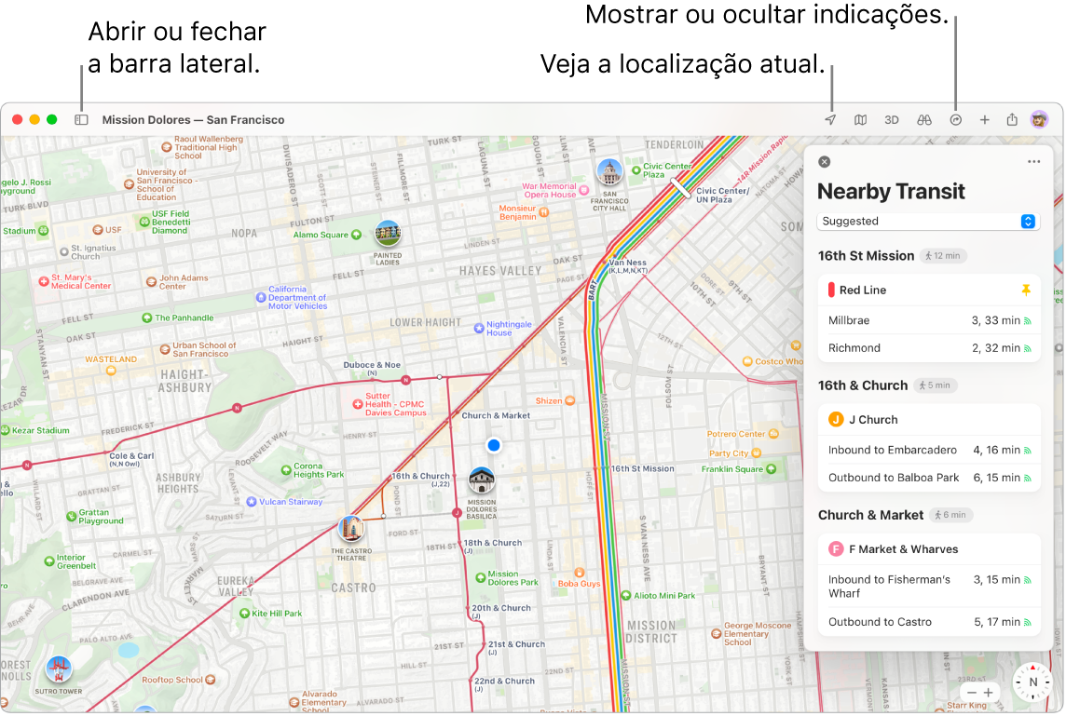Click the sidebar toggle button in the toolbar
81,120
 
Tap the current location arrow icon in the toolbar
830,120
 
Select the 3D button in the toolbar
892,120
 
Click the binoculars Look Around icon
924,120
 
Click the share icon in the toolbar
1012,120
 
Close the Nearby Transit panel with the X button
824,162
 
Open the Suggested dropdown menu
928,222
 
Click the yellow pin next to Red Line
1026,290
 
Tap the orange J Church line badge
836,420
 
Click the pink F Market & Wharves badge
836,549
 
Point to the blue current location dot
494,446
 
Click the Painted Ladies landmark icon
388,234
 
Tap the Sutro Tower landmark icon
58,669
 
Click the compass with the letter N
1032,682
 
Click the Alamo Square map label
321,236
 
